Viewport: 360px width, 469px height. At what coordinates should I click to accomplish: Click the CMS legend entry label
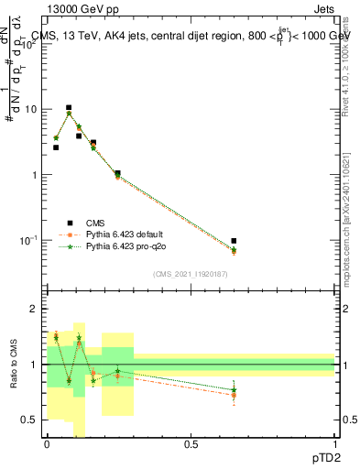pos(95,223)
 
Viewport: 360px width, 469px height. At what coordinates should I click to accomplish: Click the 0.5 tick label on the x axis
pos(191,445)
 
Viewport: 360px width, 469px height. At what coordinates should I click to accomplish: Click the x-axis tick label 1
pos(334,445)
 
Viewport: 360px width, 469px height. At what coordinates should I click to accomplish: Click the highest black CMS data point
pos(68,108)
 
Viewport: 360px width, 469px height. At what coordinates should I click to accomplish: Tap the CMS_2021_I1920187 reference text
pos(190,274)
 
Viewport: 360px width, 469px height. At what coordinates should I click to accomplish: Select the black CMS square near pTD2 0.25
pos(117,173)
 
